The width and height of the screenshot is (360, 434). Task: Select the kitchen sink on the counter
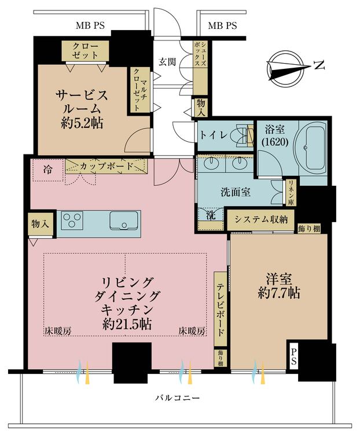124,220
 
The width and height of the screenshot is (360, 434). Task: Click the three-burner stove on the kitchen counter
72,220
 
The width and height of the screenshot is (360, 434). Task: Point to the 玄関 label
167,61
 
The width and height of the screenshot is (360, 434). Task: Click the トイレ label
214,135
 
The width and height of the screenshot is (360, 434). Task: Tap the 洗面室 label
236,192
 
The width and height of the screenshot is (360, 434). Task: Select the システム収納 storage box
261,220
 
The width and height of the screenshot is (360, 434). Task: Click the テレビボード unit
221,308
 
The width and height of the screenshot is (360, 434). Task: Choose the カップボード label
106,166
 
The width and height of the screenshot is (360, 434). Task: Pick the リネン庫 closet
291,193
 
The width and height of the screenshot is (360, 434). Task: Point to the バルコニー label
177,398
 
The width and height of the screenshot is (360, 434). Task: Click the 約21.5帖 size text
127,324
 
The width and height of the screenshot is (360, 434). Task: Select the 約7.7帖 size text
279,293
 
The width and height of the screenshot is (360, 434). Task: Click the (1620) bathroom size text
275,142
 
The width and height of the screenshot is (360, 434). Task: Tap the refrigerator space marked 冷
48,170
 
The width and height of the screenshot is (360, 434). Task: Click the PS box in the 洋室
293,356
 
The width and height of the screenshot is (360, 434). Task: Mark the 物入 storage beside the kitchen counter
41,224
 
